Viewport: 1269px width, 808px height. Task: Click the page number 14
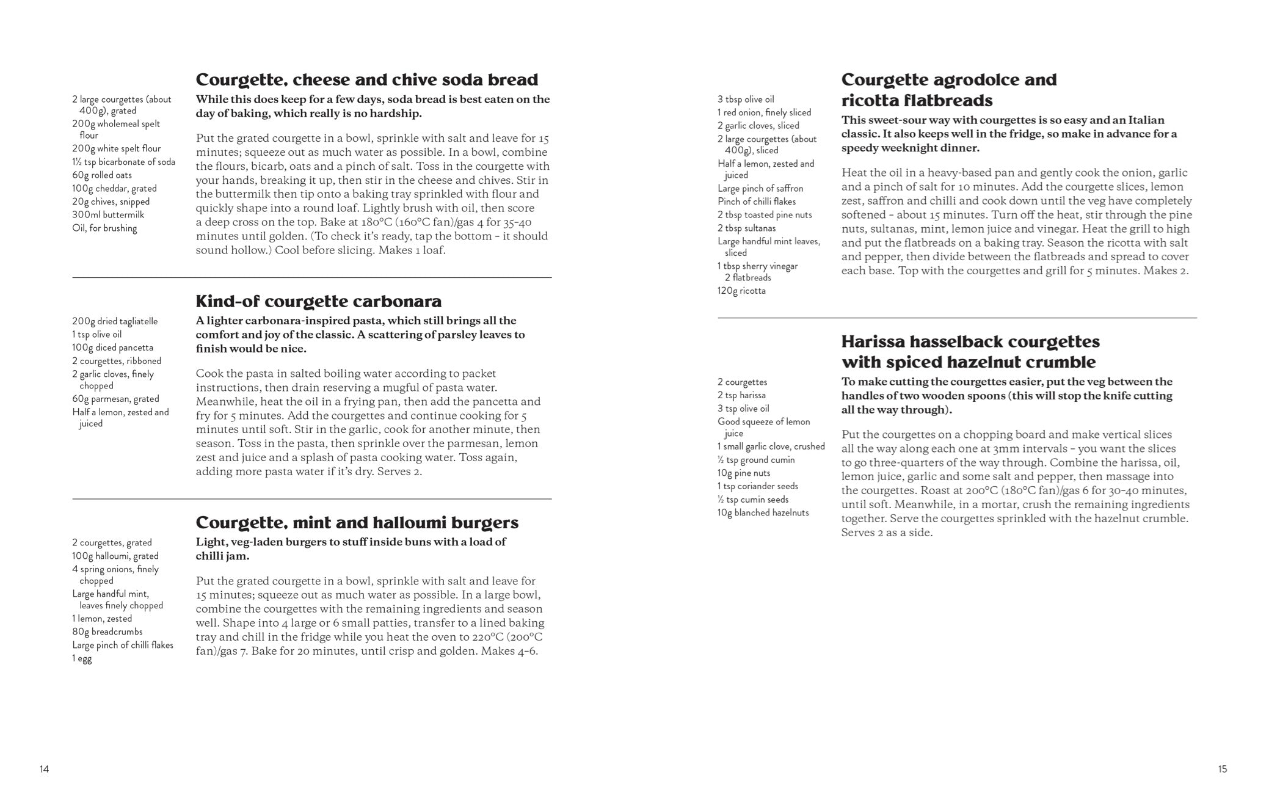point(44,769)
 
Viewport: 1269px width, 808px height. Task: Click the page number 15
point(1222,769)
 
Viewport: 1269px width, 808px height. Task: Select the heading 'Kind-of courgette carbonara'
point(318,301)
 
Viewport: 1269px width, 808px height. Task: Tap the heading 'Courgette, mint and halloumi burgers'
point(357,522)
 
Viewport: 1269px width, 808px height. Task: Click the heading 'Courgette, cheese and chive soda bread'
point(366,79)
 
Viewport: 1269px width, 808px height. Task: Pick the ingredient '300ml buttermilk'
point(108,214)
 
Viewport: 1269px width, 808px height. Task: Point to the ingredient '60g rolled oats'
point(102,175)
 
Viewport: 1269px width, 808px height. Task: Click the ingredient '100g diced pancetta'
point(112,348)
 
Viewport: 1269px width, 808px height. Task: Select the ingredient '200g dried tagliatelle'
point(115,321)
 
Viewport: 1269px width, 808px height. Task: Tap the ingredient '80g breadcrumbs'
point(107,631)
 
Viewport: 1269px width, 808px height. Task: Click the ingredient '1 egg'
point(82,658)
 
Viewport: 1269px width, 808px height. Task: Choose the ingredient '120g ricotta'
point(741,291)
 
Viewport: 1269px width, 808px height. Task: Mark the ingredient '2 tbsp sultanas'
point(746,228)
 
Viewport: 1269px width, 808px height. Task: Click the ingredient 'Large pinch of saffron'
point(760,188)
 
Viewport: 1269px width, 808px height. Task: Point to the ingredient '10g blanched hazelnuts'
point(763,512)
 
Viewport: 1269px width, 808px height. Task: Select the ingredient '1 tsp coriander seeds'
point(757,486)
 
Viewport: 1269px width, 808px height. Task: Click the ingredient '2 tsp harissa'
point(741,395)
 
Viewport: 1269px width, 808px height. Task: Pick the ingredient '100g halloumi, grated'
point(115,556)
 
